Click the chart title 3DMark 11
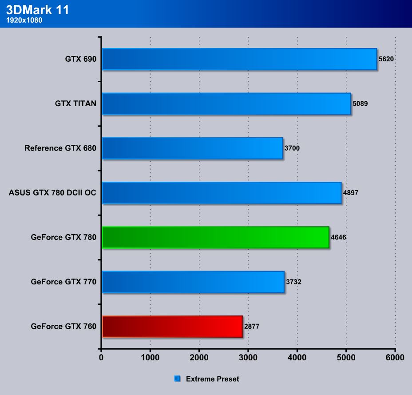pyautogui.click(x=38, y=10)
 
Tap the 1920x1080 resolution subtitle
pyautogui.click(x=24, y=20)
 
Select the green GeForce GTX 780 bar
pyautogui.click(x=215, y=237)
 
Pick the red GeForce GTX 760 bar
pyautogui.click(x=172, y=327)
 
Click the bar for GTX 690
pyautogui.click(x=239, y=59)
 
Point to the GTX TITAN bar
pyautogui.click(x=226, y=104)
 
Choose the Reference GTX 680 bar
pyautogui.click(x=192, y=148)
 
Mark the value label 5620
pyautogui.click(x=386, y=59)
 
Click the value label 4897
pyautogui.click(x=351, y=193)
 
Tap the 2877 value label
pyautogui.click(x=251, y=327)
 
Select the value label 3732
pyautogui.click(x=293, y=282)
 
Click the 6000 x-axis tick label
pyautogui.click(x=395, y=357)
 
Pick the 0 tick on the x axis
pyautogui.click(x=102, y=357)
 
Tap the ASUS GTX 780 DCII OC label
pyautogui.click(x=52, y=193)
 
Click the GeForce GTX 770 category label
pyautogui.click(x=63, y=282)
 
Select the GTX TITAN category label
pyautogui.click(x=75, y=104)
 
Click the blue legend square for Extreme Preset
pyautogui.click(x=178, y=379)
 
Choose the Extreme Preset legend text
pyautogui.click(x=212, y=379)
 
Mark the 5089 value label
pyautogui.click(x=360, y=104)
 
